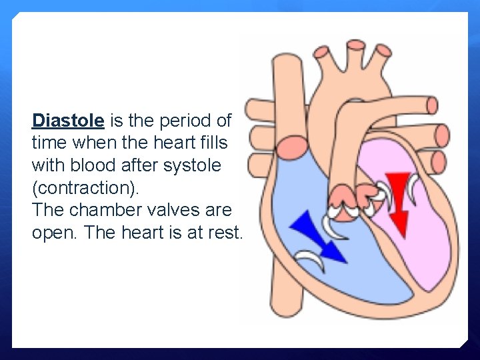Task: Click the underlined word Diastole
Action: [x=68, y=121]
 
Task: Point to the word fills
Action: [x=213, y=143]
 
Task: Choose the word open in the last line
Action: [x=51, y=233]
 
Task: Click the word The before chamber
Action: [x=47, y=210]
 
